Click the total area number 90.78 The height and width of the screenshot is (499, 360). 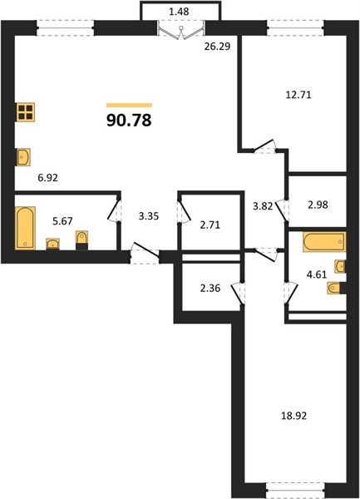point(129,121)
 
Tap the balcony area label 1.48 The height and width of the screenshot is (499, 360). point(179,12)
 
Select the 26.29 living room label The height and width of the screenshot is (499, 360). point(217,47)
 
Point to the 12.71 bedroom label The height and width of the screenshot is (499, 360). point(298,95)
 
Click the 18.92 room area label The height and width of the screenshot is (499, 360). point(293,416)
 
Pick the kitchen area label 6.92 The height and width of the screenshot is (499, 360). point(47,178)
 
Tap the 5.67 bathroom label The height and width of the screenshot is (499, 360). point(62,221)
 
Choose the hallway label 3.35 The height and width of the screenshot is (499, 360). point(149,216)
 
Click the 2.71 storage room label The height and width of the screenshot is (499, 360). point(210,225)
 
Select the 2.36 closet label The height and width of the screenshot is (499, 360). point(210,289)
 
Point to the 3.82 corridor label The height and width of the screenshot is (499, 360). point(263,206)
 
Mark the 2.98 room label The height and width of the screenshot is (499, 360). point(318,205)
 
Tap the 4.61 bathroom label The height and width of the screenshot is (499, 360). point(317,274)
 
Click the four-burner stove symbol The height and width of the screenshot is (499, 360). point(26,112)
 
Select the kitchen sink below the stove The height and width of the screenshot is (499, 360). point(23,157)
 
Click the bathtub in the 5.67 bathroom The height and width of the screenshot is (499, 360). point(25,228)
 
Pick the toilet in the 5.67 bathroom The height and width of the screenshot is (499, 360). point(81,240)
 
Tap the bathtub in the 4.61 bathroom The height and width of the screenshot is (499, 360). point(324,242)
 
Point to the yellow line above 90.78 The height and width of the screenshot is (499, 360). point(129,106)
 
